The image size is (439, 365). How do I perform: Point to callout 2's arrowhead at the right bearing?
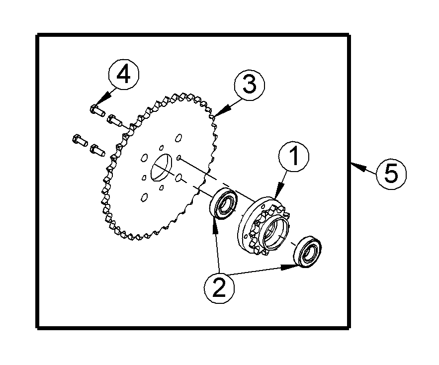(x=297, y=267)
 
